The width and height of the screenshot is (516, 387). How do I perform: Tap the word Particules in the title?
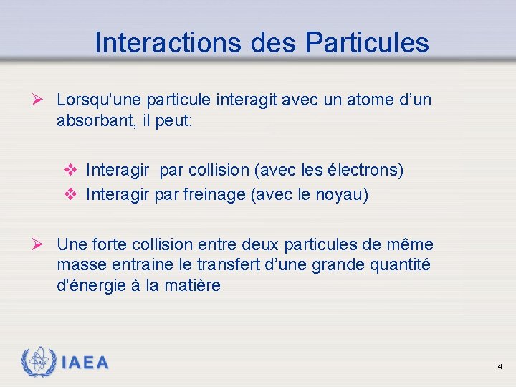coord(366,42)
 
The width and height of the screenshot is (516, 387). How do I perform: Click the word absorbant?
coord(91,120)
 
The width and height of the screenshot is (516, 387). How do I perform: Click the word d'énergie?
coord(91,285)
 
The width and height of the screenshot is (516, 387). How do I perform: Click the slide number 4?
coord(500,366)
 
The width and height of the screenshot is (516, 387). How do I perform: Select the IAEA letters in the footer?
coord(85,363)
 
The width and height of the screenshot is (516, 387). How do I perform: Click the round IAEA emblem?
coord(39,362)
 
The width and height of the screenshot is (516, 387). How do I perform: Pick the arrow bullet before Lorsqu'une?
coord(42,100)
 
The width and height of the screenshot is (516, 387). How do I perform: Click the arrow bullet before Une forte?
coord(42,244)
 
